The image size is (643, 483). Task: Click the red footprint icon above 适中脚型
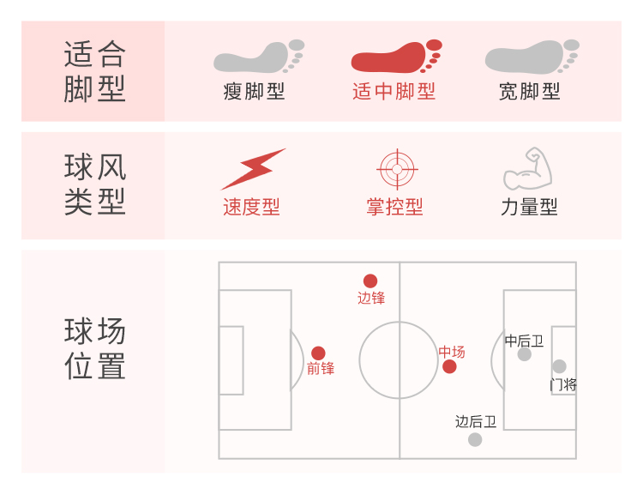[x=396, y=57]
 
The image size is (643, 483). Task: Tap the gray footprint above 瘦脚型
[x=258, y=57]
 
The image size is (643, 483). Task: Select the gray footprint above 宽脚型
[x=532, y=57]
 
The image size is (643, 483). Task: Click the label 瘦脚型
[x=254, y=92]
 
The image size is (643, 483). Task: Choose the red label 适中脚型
[x=394, y=92]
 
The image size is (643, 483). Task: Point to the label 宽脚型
[x=530, y=92]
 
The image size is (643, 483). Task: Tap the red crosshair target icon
[x=395, y=169]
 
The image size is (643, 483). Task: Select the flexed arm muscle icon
[x=527, y=169]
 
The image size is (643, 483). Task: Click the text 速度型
[x=251, y=207]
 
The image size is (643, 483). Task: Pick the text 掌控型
[x=394, y=207]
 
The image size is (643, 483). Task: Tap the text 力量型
[x=529, y=207]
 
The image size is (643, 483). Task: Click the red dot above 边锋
[x=370, y=281]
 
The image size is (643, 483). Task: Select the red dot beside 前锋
[x=318, y=353]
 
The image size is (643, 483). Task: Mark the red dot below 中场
[x=449, y=367]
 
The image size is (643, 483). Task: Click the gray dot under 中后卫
[x=524, y=354]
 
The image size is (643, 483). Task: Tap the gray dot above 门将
[x=559, y=366]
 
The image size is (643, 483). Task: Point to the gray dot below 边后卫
[x=475, y=439]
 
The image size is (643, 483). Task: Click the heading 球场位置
[x=94, y=349]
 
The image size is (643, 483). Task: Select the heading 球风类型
[x=94, y=185]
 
